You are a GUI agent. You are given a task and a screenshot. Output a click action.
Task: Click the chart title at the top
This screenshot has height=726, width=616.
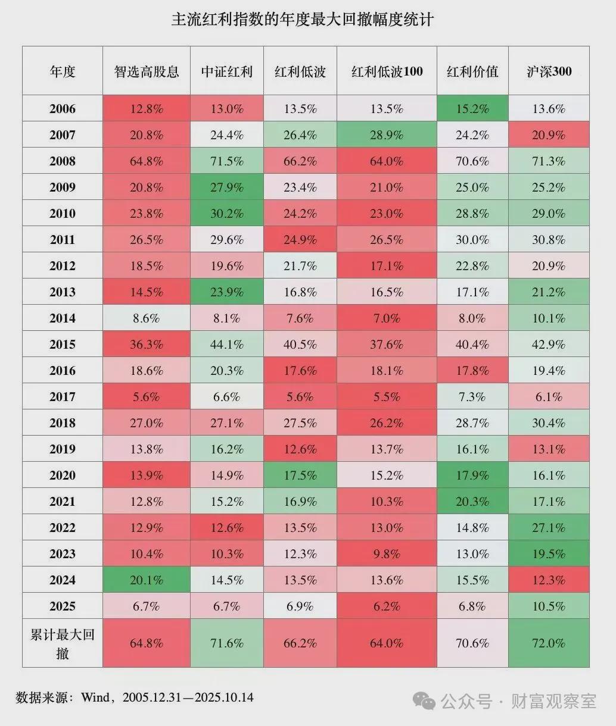click(x=302, y=20)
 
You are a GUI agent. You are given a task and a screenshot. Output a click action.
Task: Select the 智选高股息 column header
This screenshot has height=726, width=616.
click(x=147, y=71)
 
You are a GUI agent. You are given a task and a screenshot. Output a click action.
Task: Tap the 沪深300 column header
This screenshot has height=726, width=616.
click(x=549, y=71)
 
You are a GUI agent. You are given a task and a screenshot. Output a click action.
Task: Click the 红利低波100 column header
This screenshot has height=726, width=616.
click(x=387, y=71)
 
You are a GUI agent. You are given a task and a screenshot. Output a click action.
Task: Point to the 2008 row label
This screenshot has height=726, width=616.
click(x=63, y=161)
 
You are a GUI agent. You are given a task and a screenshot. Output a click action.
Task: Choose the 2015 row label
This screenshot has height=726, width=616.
click(x=63, y=345)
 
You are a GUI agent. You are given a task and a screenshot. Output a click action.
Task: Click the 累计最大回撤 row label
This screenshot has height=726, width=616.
click(x=63, y=644)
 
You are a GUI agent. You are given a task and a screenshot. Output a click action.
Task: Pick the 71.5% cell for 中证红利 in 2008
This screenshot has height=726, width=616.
click(x=226, y=161)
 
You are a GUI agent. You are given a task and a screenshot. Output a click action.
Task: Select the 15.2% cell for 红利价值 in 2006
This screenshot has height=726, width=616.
click(x=472, y=108)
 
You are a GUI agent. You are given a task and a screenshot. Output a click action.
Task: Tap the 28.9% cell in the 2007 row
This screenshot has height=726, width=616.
click(x=387, y=134)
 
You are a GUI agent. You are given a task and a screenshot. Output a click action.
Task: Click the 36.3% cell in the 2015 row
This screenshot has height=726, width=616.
click(x=147, y=345)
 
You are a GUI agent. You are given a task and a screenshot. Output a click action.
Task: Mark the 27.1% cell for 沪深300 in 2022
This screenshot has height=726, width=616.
click(x=549, y=527)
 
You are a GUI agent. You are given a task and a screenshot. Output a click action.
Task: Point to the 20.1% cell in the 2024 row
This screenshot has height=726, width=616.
click(x=147, y=580)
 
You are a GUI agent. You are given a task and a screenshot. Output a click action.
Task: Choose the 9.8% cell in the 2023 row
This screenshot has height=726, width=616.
click(x=387, y=553)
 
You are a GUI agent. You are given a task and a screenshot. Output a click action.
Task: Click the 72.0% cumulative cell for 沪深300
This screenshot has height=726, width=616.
click(x=549, y=643)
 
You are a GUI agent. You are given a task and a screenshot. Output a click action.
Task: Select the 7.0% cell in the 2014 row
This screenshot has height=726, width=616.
click(x=387, y=318)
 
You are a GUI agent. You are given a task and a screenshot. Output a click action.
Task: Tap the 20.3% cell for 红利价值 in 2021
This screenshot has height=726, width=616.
click(x=472, y=501)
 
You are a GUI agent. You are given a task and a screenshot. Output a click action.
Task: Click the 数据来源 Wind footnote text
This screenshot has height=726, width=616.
click(x=135, y=697)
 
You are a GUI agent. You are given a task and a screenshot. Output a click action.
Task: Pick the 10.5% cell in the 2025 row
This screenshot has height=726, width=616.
click(x=549, y=606)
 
